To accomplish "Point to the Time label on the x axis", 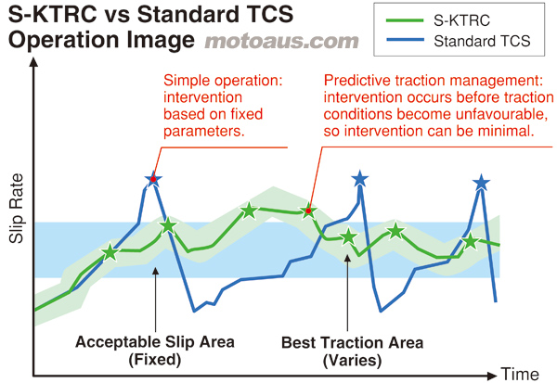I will [x=520, y=373].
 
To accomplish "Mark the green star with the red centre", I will [x=308, y=211].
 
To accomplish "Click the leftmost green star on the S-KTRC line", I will [x=110, y=251].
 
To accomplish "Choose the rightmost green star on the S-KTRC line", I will [x=471, y=242].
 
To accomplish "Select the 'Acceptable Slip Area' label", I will [x=152, y=341].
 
